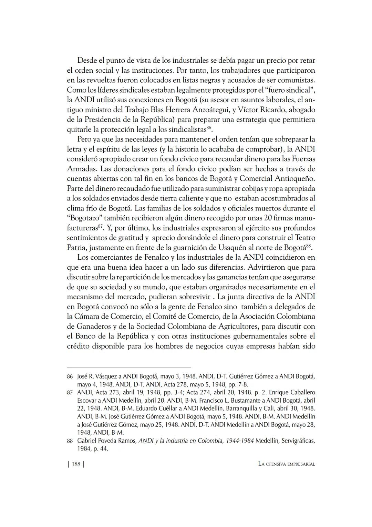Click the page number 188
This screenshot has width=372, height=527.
76,464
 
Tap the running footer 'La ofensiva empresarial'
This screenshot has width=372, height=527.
287,464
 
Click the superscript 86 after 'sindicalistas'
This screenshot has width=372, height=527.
209,128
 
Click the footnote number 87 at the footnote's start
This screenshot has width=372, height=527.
70,393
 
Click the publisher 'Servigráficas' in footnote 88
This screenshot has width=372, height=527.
298,441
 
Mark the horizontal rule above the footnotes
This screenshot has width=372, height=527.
129,368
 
